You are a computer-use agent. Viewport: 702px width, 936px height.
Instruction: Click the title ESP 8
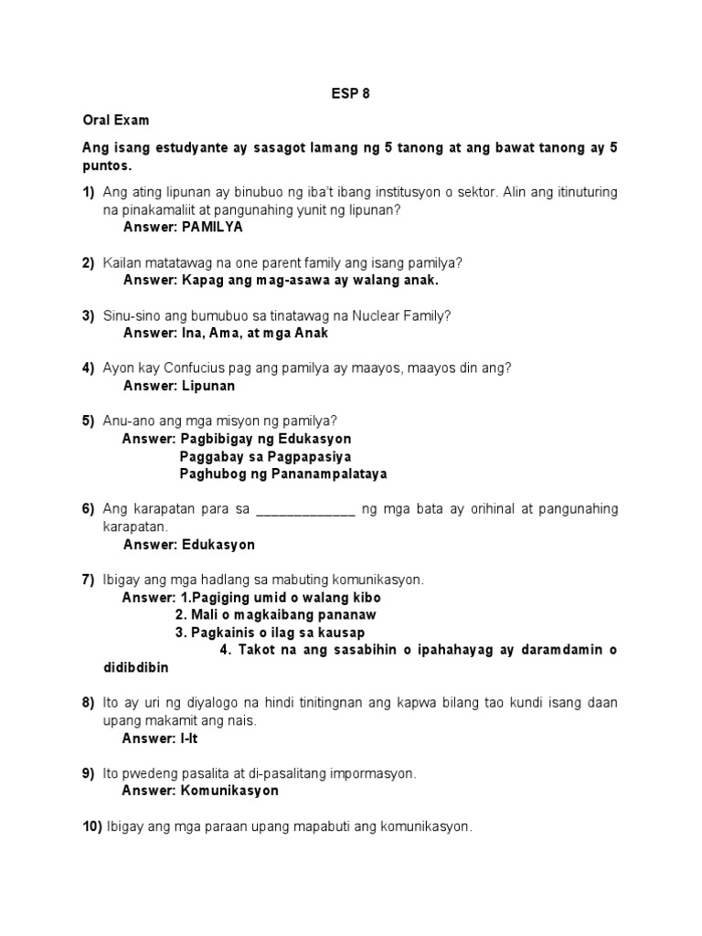click(x=351, y=92)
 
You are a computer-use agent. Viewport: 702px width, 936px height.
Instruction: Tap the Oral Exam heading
click(x=116, y=120)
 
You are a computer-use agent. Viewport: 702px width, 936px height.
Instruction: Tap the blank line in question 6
click(x=306, y=509)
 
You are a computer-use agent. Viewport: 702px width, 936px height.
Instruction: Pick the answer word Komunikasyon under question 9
click(x=229, y=791)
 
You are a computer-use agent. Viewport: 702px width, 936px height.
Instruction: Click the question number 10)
click(x=92, y=827)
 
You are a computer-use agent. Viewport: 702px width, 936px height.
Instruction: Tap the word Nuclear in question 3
click(x=365, y=315)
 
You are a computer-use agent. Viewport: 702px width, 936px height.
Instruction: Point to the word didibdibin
click(x=137, y=667)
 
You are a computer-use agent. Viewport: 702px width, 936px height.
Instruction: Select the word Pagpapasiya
click(x=306, y=456)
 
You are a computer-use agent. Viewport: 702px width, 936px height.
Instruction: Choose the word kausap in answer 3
click(x=339, y=633)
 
